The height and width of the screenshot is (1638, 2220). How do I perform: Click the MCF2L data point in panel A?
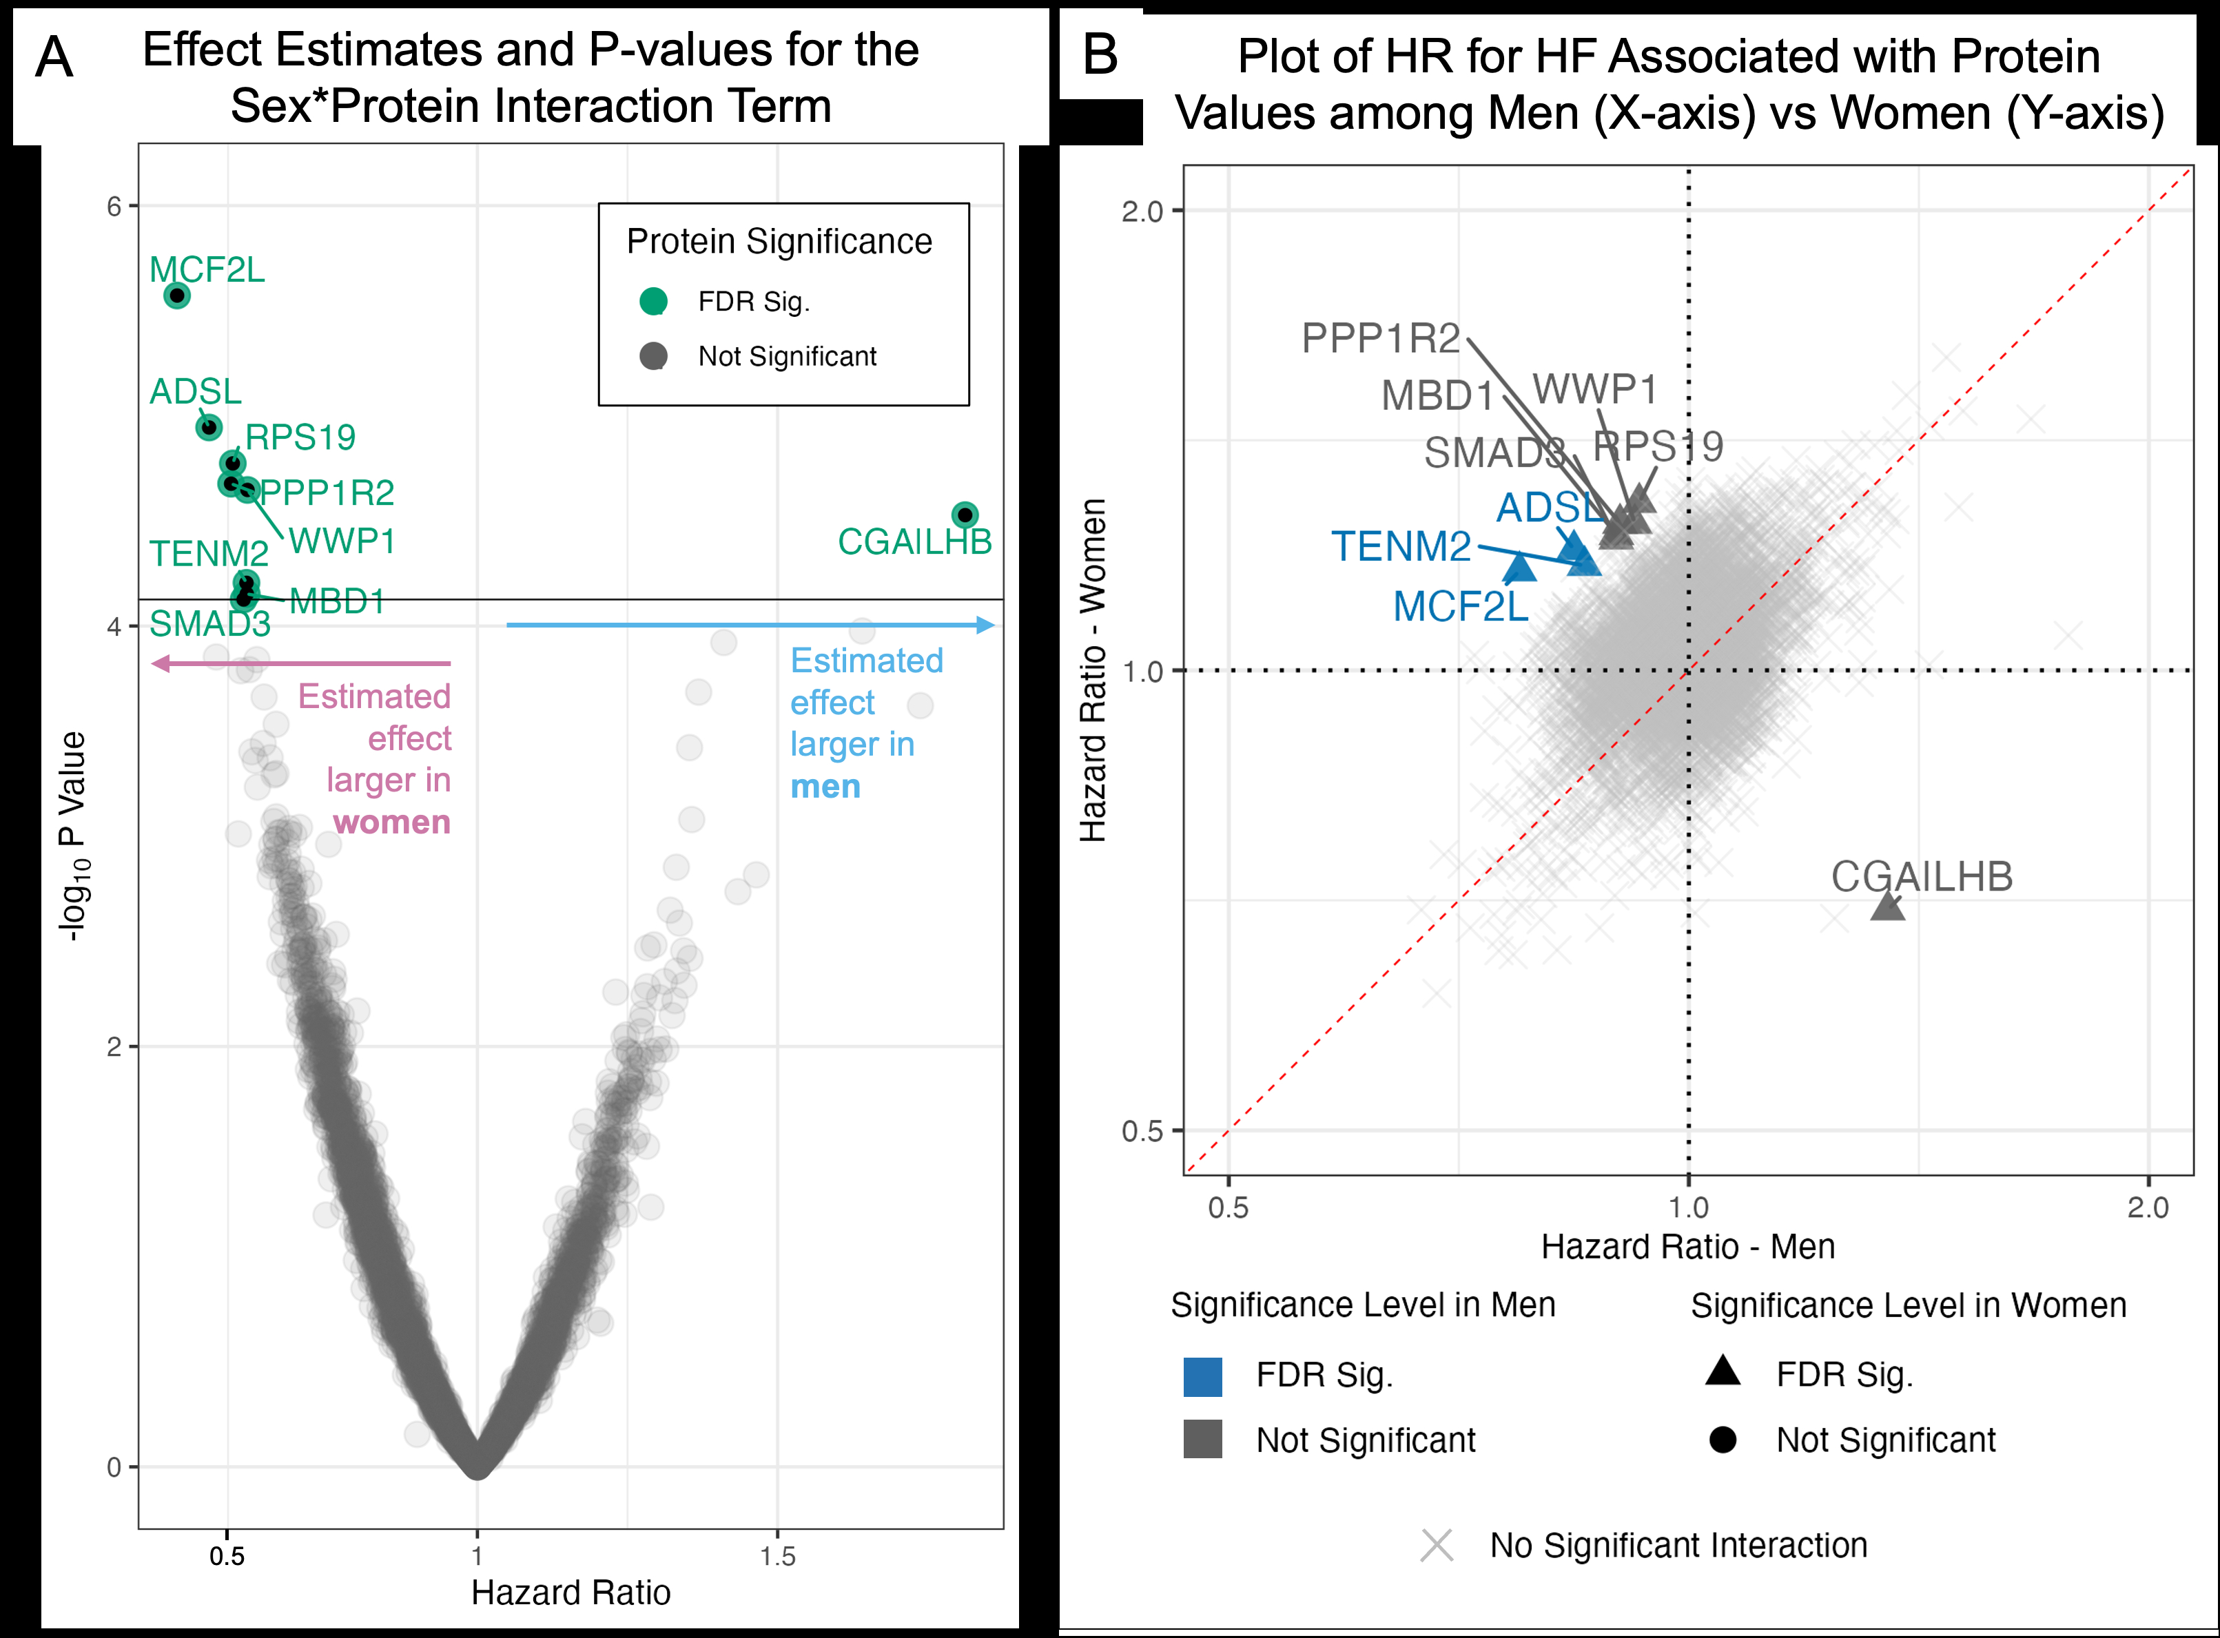point(176,296)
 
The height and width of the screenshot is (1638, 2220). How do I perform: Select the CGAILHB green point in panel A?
point(965,515)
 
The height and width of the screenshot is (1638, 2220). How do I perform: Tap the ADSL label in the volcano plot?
point(195,392)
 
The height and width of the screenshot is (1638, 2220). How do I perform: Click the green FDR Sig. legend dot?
point(653,302)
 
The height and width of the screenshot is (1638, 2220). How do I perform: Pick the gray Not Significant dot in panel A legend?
point(653,356)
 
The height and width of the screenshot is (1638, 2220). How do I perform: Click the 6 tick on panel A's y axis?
point(115,206)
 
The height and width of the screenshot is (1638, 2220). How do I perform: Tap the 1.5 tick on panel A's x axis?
point(777,1556)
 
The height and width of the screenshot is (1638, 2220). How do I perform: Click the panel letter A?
point(54,57)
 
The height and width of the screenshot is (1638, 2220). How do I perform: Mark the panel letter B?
point(1100,54)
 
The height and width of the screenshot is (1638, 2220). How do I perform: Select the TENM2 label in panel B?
point(1401,546)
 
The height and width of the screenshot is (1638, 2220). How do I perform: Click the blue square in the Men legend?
point(1203,1377)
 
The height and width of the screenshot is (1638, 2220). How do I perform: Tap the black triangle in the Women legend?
point(1723,1372)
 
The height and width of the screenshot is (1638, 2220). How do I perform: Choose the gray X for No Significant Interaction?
point(1437,1546)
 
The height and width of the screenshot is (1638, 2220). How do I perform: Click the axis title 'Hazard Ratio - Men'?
point(1687,1246)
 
